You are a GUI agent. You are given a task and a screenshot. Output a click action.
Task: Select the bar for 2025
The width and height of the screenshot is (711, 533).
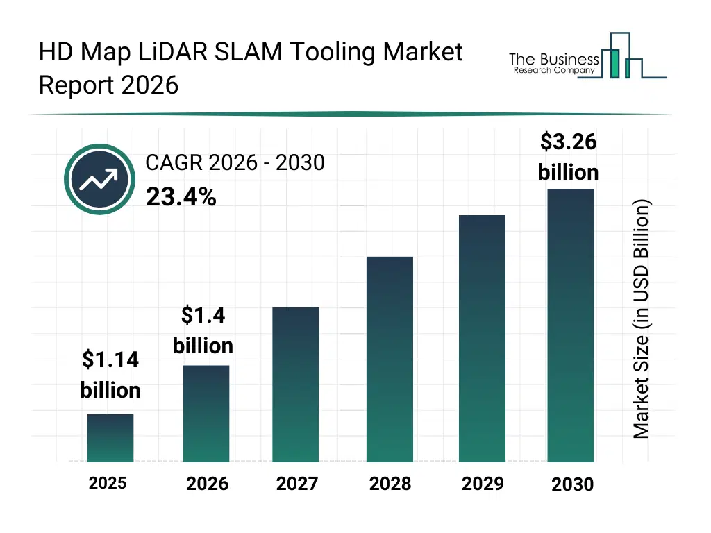point(110,438)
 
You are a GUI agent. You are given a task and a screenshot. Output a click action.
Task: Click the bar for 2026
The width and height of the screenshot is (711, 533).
point(206,414)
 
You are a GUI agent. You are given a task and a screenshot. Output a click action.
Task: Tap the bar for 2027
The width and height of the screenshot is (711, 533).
point(296,384)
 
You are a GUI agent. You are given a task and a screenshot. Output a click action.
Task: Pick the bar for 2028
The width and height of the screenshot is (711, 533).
point(390,359)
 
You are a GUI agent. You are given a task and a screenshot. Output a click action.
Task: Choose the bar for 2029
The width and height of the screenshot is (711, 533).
point(482,339)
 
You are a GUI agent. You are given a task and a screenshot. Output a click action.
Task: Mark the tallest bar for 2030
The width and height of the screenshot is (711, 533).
point(571,325)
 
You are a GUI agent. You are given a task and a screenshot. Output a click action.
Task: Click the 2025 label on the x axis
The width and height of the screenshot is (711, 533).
point(108,483)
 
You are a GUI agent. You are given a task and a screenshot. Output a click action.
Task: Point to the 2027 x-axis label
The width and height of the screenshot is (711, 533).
point(297,484)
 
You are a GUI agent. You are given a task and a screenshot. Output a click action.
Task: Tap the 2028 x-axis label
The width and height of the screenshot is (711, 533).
point(390,484)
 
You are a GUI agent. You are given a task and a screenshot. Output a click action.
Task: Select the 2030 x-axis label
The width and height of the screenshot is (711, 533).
point(573,484)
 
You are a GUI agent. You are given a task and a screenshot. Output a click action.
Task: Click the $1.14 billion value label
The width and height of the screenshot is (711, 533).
point(110,375)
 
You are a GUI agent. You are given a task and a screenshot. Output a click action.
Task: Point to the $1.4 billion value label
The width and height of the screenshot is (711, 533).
point(203,330)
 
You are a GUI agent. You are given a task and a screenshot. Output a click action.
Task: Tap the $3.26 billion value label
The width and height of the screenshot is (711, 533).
point(569,157)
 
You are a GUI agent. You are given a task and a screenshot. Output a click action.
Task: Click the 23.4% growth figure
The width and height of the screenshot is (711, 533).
point(181,198)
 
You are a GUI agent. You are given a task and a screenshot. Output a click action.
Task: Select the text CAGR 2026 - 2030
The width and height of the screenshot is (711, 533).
point(235,162)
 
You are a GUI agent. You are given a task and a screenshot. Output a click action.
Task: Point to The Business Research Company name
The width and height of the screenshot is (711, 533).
point(553,62)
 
